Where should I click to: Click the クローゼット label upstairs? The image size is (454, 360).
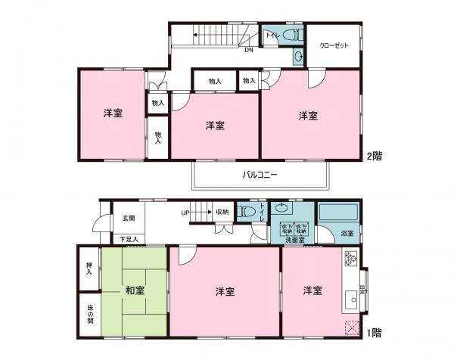point(334,46)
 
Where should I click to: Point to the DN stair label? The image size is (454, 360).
point(248,51)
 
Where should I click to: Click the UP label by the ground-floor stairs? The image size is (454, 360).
point(185,213)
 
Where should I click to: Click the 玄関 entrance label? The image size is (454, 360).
point(128,219)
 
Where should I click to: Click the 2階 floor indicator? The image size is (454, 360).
point(374,157)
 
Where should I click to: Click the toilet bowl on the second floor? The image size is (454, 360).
point(294,36)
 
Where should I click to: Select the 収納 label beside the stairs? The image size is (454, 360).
point(222,213)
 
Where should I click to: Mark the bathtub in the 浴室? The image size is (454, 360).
point(337,212)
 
